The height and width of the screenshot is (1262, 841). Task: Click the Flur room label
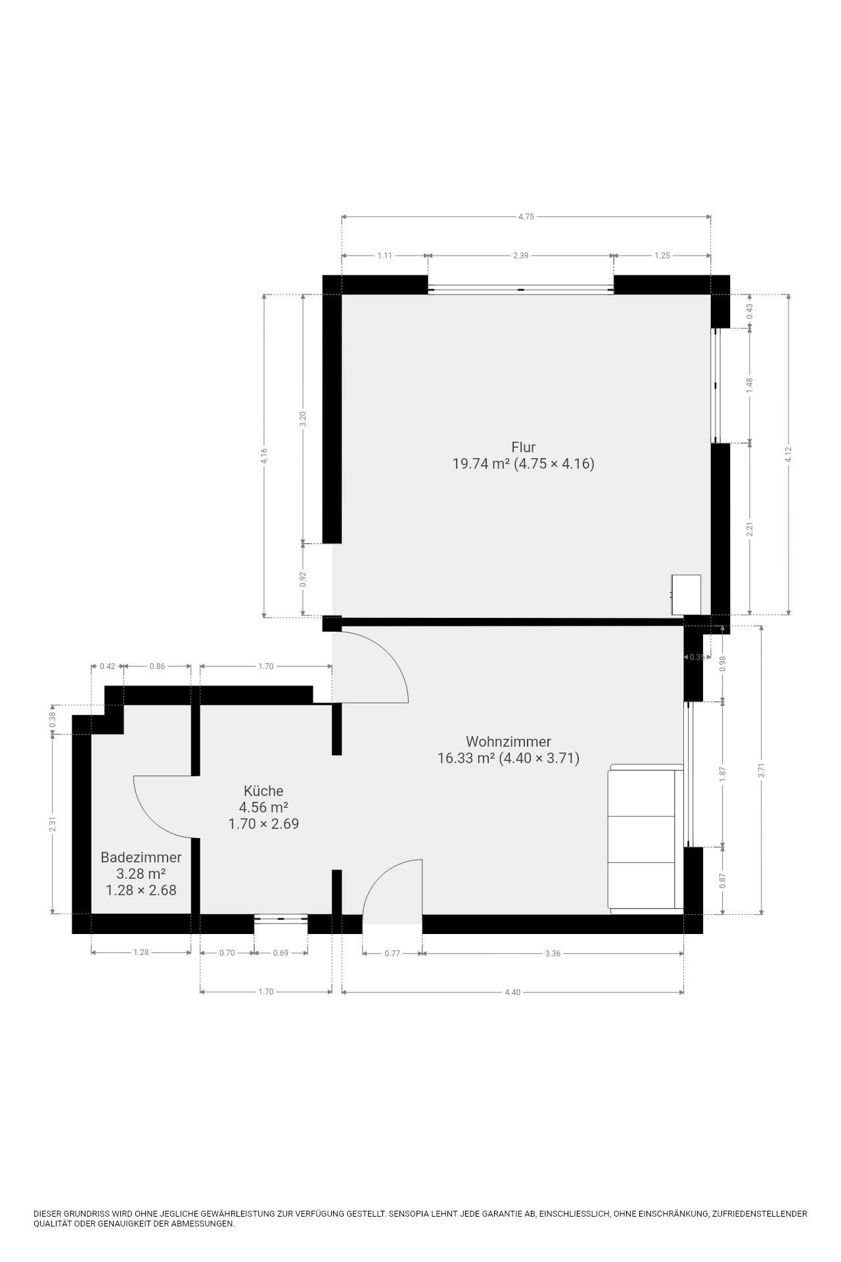(523, 448)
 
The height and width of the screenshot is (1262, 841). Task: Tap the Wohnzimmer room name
(508, 741)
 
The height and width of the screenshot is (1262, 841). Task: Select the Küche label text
(263, 791)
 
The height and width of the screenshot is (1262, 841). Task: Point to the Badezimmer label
(141, 857)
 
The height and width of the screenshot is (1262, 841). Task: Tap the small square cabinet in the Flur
(686, 595)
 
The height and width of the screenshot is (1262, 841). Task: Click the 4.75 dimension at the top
(526, 217)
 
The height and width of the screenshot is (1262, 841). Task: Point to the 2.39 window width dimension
(520, 256)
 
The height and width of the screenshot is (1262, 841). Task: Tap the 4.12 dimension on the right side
(788, 454)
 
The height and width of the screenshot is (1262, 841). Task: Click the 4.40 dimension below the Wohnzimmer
(512, 992)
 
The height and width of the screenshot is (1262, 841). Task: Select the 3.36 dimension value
(553, 953)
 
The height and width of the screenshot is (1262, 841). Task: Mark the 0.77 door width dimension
(392, 953)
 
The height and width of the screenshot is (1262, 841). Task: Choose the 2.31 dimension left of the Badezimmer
(53, 824)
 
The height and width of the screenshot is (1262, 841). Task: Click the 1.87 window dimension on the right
(723, 774)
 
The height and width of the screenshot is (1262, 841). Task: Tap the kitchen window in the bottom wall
(281, 919)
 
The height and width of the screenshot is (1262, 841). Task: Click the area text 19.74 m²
(481, 464)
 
